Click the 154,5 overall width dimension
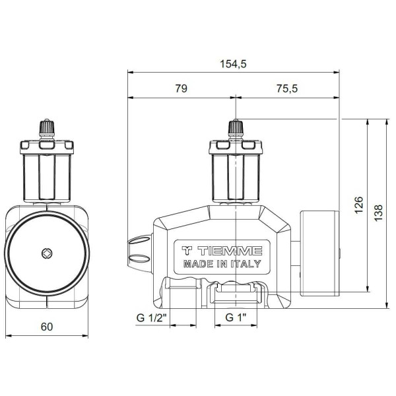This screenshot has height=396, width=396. pyautogui.click(x=234, y=63)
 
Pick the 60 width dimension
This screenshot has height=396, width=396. pyautogui.click(x=46, y=326)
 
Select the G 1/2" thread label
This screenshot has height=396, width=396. pyautogui.click(x=152, y=317)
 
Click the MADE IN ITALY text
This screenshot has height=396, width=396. pyautogui.click(x=221, y=264)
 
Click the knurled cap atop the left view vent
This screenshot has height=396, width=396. pyautogui.click(x=46, y=125)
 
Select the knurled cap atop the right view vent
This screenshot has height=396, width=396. pyautogui.click(x=235, y=125)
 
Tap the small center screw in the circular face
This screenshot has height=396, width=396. pyautogui.click(x=46, y=253)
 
